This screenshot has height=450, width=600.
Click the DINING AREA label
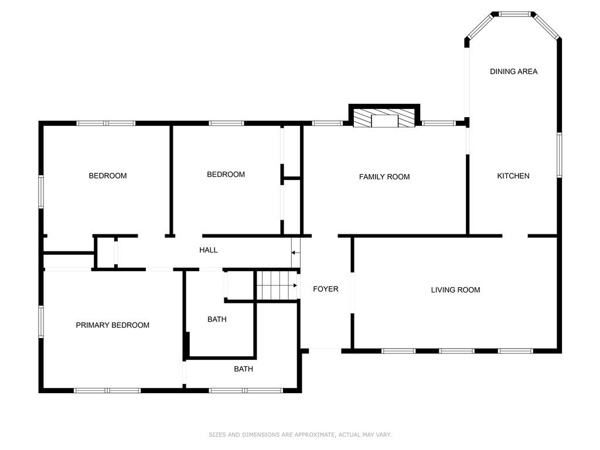pos(513,71)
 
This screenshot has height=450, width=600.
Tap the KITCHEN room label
pos(513,176)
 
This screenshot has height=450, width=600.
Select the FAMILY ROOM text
pos(384,177)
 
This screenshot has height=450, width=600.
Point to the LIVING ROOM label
pos(455,290)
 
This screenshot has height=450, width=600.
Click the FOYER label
pos(326,289)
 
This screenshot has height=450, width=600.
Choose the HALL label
pos(208,250)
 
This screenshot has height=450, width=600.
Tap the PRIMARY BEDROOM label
pos(112,325)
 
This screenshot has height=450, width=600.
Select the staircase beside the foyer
pos(277,285)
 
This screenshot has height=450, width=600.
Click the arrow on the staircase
pos(294,285)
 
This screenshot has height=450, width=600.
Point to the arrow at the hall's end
pos(295,253)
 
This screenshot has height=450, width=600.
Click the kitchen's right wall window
pos(559,155)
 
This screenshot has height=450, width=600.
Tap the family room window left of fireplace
pos(327,123)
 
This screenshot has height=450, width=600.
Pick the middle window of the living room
pos(456,350)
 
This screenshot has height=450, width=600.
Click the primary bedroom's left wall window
pos(41,322)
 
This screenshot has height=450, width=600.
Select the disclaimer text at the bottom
pos(300,435)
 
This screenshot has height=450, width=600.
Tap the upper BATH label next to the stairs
pos(217,319)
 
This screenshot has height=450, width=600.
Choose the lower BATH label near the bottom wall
pos(243,369)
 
